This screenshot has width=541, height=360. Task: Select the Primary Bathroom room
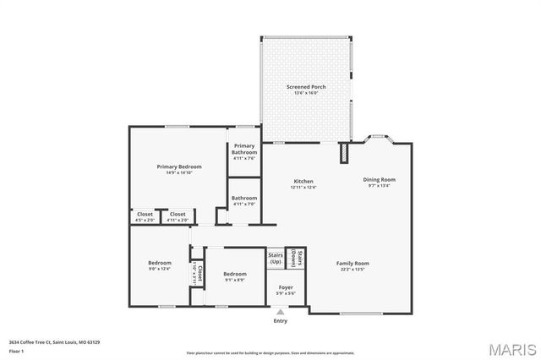(244, 150)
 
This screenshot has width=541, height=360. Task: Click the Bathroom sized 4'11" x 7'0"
(244, 200)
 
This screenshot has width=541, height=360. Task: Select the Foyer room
(286, 291)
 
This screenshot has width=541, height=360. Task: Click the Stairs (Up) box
(275, 258)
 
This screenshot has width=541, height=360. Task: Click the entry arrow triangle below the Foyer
(281, 312)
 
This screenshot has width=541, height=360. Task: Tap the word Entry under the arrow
(281, 321)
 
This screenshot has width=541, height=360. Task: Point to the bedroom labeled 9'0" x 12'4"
(160, 265)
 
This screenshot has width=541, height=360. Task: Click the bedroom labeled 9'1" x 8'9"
(235, 276)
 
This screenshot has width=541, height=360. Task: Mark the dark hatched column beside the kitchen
(344, 153)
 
